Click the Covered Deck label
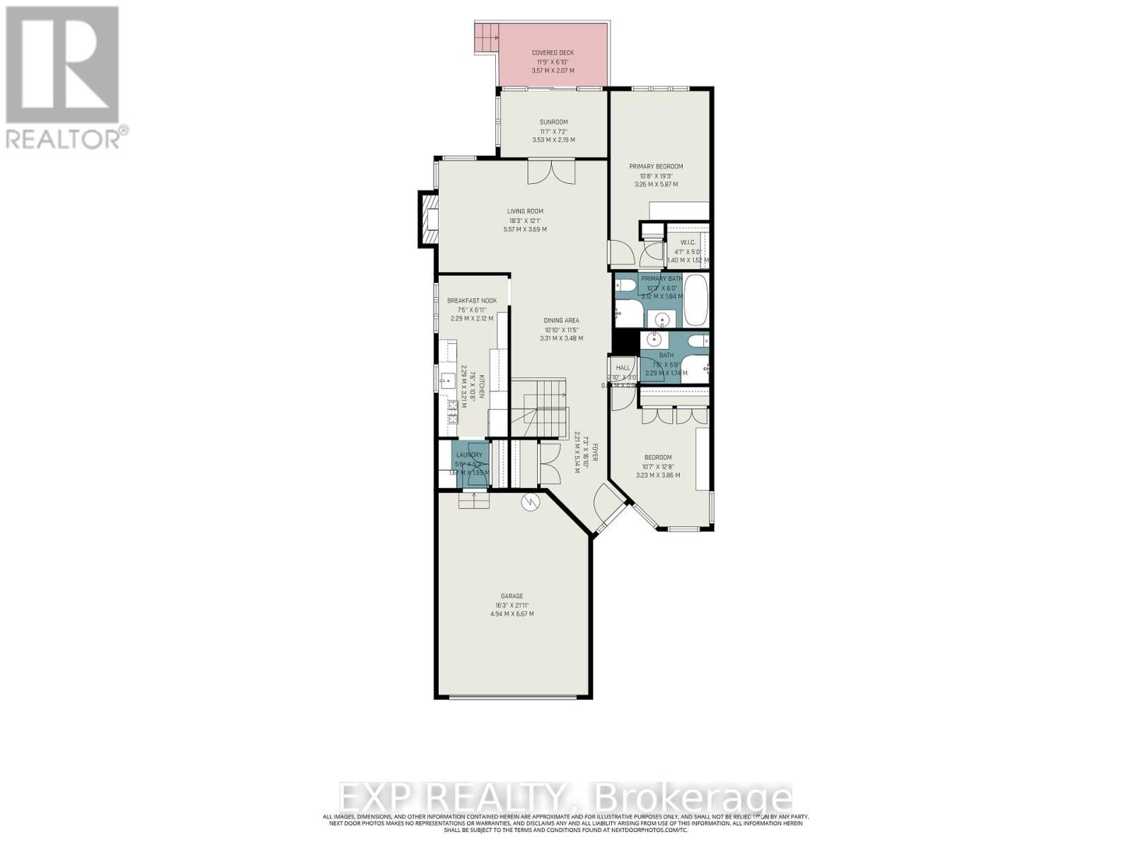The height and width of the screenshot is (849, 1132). pyautogui.click(x=553, y=52)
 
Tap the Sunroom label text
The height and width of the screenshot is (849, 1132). pyautogui.click(x=553, y=122)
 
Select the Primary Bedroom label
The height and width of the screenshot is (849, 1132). pyautogui.click(x=656, y=166)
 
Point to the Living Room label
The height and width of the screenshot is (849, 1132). pyautogui.click(x=524, y=211)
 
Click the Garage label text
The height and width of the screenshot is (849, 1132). pyautogui.click(x=512, y=596)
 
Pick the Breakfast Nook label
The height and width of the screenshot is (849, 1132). pyautogui.click(x=471, y=301)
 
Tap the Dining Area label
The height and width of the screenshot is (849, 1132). pyautogui.click(x=561, y=320)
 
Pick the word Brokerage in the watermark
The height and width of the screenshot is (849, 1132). pyautogui.click(x=694, y=799)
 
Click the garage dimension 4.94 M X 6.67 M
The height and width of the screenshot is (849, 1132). pyautogui.click(x=512, y=614)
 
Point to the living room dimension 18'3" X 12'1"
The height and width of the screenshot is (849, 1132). pyautogui.click(x=524, y=220)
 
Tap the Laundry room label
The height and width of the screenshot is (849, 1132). pyautogui.click(x=469, y=455)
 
